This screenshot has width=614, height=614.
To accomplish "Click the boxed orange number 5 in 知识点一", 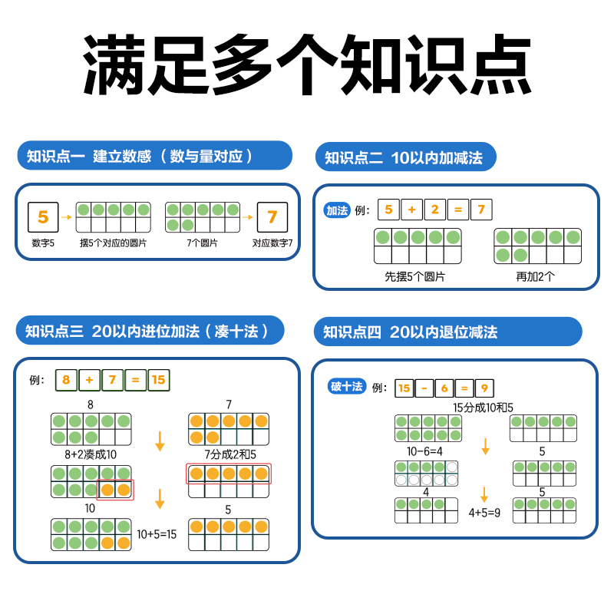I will [x=43, y=217].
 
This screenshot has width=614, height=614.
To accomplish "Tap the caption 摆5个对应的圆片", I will [x=114, y=243].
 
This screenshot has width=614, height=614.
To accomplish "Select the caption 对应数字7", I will [x=272, y=243].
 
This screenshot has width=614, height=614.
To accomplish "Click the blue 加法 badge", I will [x=337, y=210].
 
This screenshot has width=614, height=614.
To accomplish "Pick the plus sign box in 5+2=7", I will [x=411, y=210].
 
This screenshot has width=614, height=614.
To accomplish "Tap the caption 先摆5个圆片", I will [x=414, y=276].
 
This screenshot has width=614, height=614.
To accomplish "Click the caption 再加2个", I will [x=535, y=276].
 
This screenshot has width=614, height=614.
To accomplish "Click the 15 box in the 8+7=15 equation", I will [x=158, y=379].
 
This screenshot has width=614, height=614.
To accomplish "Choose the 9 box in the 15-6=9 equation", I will [x=485, y=388].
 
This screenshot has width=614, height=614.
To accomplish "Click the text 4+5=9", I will [x=484, y=512].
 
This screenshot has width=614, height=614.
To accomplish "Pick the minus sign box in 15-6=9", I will [x=424, y=388].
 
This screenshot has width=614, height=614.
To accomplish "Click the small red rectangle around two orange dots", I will [x=115, y=490].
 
